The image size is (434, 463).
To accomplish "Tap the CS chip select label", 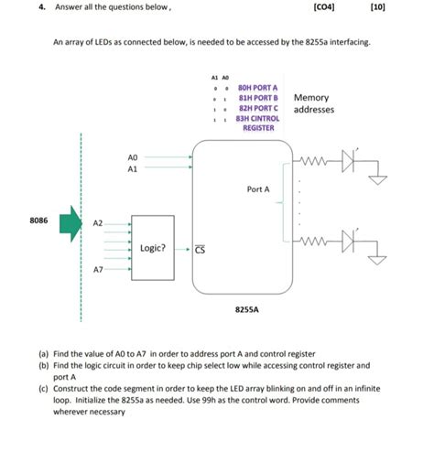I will (x=200, y=249).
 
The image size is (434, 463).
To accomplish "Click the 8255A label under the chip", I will (x=246, y=309).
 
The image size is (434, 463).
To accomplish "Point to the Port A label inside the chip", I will (x=258, y=189).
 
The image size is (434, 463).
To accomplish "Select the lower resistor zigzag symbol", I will (x=314, y=242).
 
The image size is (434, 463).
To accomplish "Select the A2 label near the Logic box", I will (x=98, y=222).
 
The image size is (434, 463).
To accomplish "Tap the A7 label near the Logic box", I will (x=98, y=270).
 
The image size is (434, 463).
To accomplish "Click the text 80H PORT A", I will (x=257, y=88).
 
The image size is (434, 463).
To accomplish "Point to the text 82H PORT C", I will (x=257, y=108).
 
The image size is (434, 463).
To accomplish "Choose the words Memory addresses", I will (x=313, y=103).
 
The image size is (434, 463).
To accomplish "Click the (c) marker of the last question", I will (x=43, y=388).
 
